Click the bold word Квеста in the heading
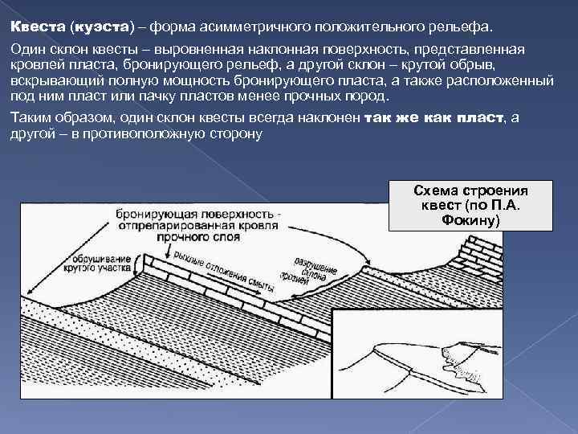[x=37, y=27]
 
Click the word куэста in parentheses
[x=100, y=27]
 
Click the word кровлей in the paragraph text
[x=36, y=65]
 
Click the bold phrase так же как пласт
[x=434, y=117]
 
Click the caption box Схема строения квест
[x=458, y=205]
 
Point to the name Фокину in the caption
[x=470, y=219]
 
